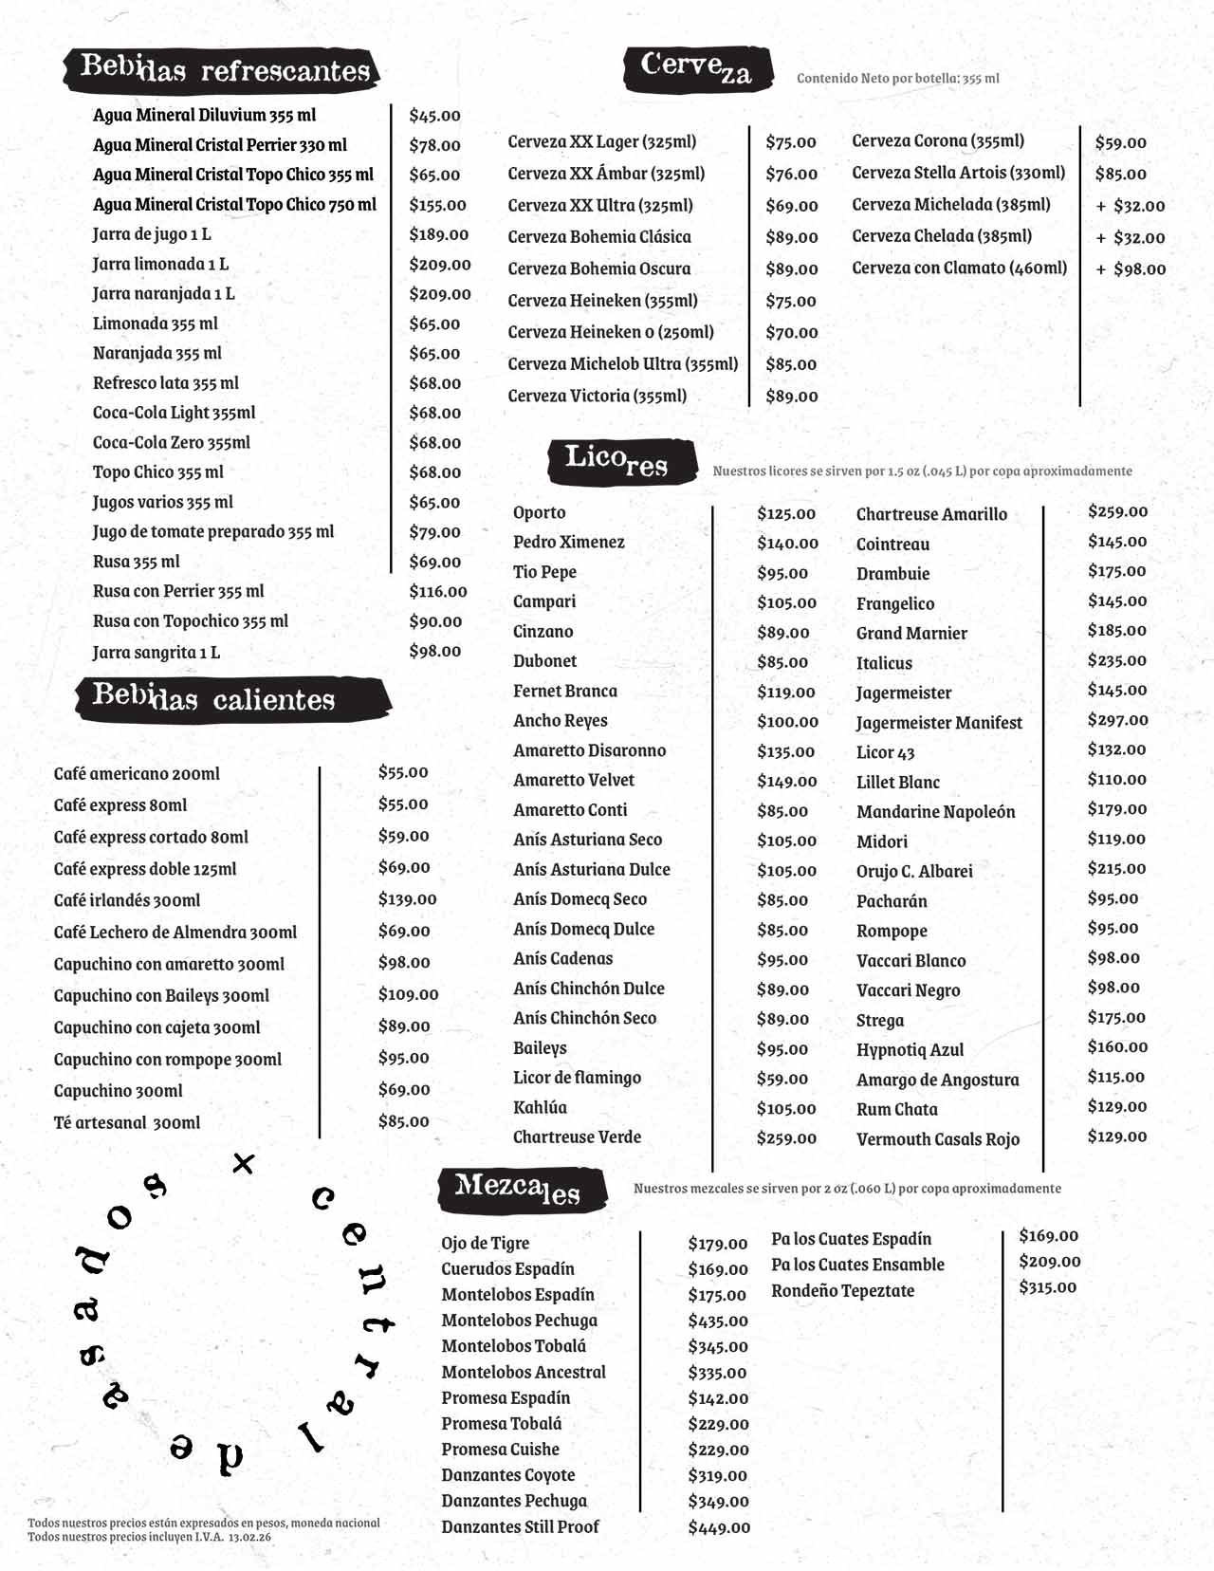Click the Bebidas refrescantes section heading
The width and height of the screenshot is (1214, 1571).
(x=224, y=69)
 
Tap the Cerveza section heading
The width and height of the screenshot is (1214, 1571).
(x=697, y=68)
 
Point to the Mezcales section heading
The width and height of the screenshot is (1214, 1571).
(x=520, y=1190)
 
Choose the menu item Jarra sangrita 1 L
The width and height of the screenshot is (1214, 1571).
(x=156, y=652)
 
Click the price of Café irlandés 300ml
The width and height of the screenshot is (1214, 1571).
(x=407, y=899)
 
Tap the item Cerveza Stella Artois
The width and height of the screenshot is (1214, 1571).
(x=958, y=173)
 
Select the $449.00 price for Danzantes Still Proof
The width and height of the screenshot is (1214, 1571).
(x=719, y=1527)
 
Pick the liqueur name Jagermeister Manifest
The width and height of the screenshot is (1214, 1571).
(x=939, y=723)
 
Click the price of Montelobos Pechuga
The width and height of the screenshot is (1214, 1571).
(x=718, y=1321)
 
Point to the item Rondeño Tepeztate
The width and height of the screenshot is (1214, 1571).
(x=842, y=1291)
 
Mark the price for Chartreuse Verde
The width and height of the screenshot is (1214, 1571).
(x=786, y=1138)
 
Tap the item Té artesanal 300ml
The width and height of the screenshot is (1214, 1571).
(x=127, y=1122)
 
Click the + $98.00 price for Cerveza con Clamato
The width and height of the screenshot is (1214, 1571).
(x=1131, y=269)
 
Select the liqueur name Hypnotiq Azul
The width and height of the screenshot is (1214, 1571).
(x=910, y=1050)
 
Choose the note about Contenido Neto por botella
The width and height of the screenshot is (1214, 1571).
(x=897, y=79)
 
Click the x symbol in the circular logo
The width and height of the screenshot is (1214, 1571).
(x=244, y=1163)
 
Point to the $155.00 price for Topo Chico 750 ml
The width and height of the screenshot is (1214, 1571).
(x=437, y=205)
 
